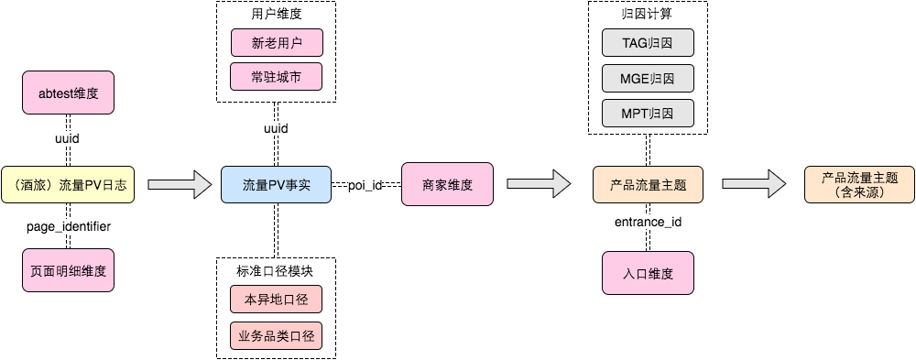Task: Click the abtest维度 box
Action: pyautogui.click(x=68, y=93)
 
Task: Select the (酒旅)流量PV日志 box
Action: pyautogui.click(x=68, y=185)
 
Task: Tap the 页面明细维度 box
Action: pyautogui.click(x=68, y=270)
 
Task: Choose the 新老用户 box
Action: pyautogui.click(x=276, y=42)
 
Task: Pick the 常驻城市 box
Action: pyautogui.click(x=276, y=77)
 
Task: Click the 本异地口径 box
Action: pyautogui.click(x=276, y=300)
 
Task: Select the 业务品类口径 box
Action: pyautogui.click(x=276, y=336)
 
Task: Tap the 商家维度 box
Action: pyautogui.click(x=447, y=185)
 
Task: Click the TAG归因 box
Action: pyautogui.click(x=648, y=42)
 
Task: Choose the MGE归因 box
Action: pyautogui.click(x=648, y=77)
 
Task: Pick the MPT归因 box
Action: pyautogui.click(x=648, y=113)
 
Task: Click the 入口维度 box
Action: pyautogui.click(x=648, y=272)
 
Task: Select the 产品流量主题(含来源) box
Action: pyautogui.click(x=859, y=185)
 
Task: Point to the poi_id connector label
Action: pyautogui.click(x=365, y=185)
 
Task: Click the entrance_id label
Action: pyautogui.click(x=648, y=222)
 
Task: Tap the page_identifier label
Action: pyautogui.click(x=68, y=225)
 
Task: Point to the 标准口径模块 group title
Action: pyautogui.click(x=276, y=268)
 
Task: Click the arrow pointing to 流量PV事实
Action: pyautogui.click(x=180, y=185)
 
